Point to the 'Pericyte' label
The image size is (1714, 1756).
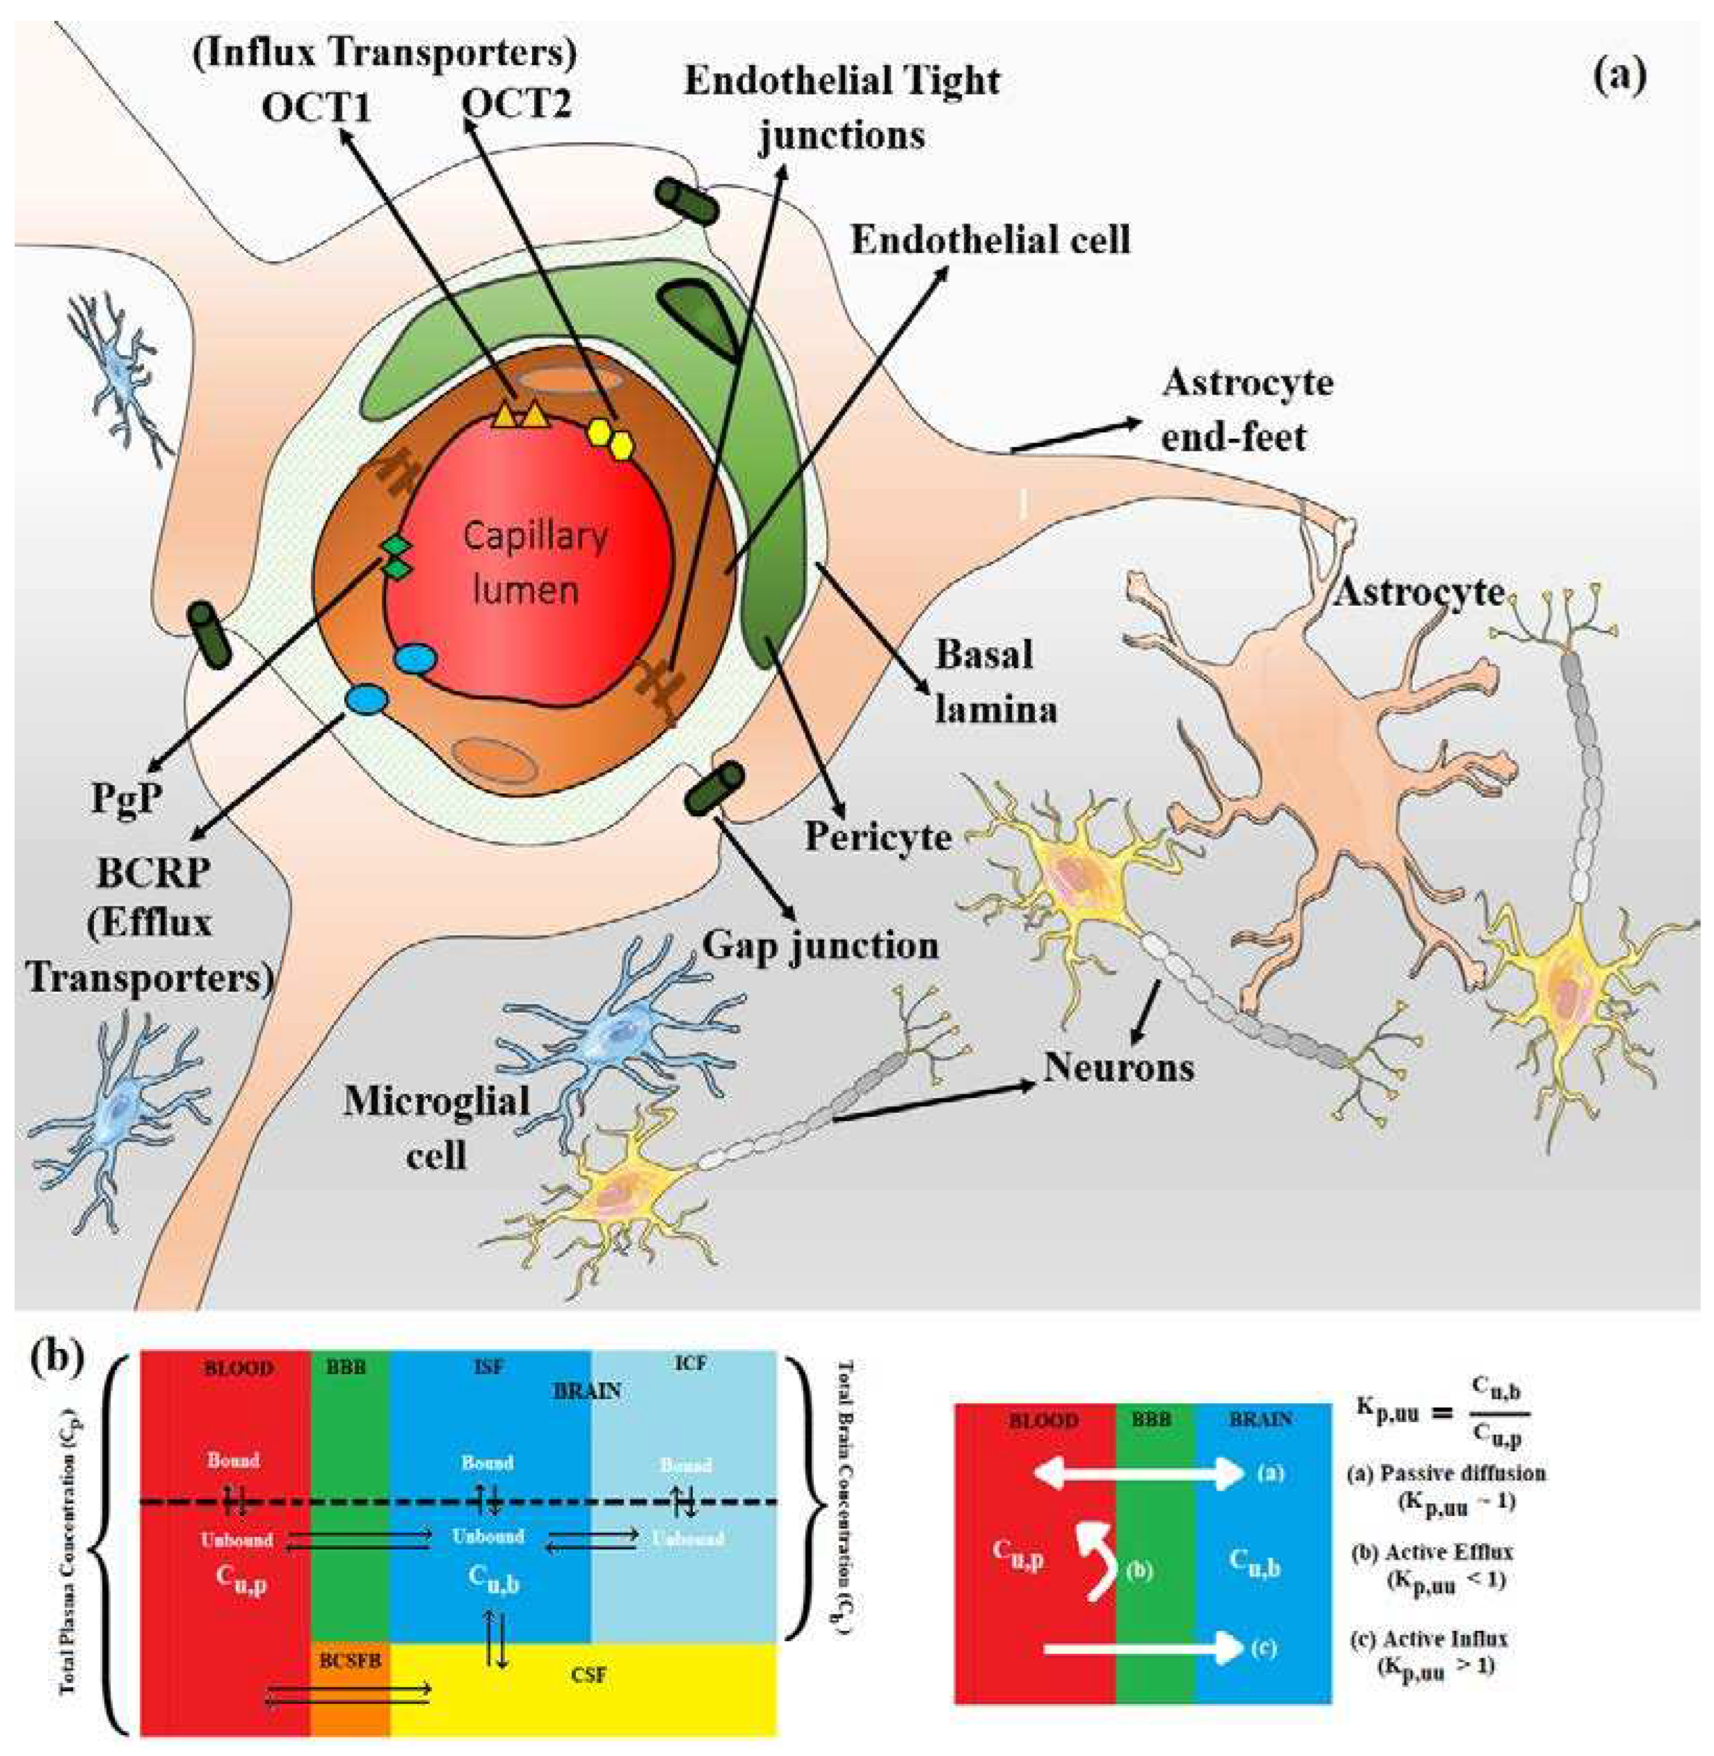tap(878, 837)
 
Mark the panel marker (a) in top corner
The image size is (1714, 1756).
tap(1620, 76)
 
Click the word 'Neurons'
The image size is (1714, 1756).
tap(1118, 1068)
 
